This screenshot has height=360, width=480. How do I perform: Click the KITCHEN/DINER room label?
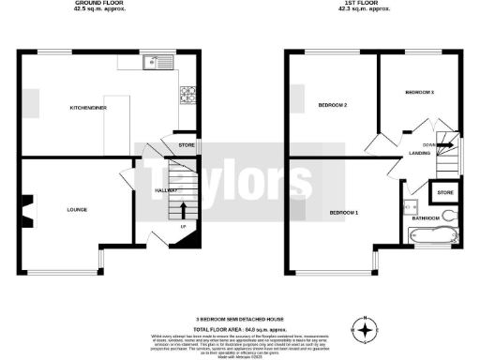[x=88, y=108]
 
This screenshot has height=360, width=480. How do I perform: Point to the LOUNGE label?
[x=77, y=209]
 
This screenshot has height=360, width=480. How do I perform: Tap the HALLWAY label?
[x=152, y=190]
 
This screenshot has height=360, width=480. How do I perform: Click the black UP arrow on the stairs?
[x=183, y=208]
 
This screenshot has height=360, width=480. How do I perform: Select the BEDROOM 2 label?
[x=333, y=104]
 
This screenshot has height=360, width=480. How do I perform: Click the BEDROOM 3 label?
[x=419, y=93]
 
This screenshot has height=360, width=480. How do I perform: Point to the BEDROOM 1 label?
[x=344, y=213]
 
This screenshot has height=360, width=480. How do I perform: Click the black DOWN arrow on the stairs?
[x=446, y=144]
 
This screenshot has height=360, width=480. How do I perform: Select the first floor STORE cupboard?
[x=444, y=193]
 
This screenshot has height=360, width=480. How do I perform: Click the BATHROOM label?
[x=427, y=217]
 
